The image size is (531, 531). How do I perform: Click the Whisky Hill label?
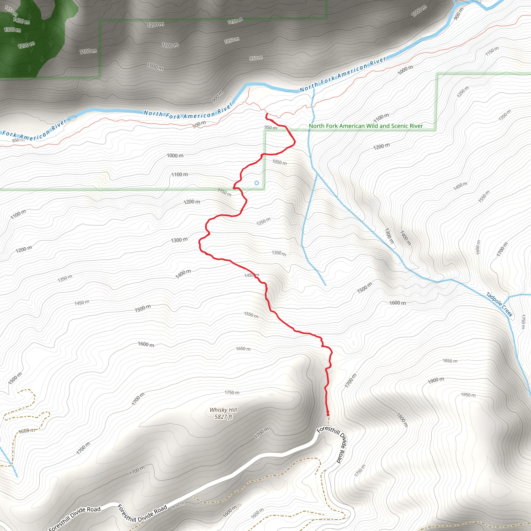click(223, 410)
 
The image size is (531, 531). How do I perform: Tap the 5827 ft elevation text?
click(223, 417)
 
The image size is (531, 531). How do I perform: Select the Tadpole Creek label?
click(499, 304)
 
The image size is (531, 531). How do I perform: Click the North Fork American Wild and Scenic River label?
click(366, 126)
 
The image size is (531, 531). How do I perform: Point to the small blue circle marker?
click(256, 183)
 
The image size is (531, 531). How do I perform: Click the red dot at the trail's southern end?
click(328, 415)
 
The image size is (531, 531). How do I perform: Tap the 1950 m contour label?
click(468, 395)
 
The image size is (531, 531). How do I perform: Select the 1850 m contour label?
click(450, 361)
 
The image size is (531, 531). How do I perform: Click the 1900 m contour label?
click(436, 381)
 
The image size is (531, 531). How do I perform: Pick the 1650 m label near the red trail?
click(243, 349)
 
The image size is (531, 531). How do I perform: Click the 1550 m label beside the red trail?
click(251, 315)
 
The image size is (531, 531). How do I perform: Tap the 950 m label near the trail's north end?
click(270, 128)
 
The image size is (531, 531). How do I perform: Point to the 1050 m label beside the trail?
click(280, 162)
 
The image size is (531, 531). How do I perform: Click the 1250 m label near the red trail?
click(263, 221)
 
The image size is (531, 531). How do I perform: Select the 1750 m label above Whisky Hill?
click(232, 393)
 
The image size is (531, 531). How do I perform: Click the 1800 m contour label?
click(402, 420)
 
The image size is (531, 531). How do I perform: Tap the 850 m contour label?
click(18, 140)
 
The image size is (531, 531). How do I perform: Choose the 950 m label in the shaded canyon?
click(256, 58)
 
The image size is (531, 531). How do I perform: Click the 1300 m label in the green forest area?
click(12, 30)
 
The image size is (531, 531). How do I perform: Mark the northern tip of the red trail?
click(266, 114)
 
